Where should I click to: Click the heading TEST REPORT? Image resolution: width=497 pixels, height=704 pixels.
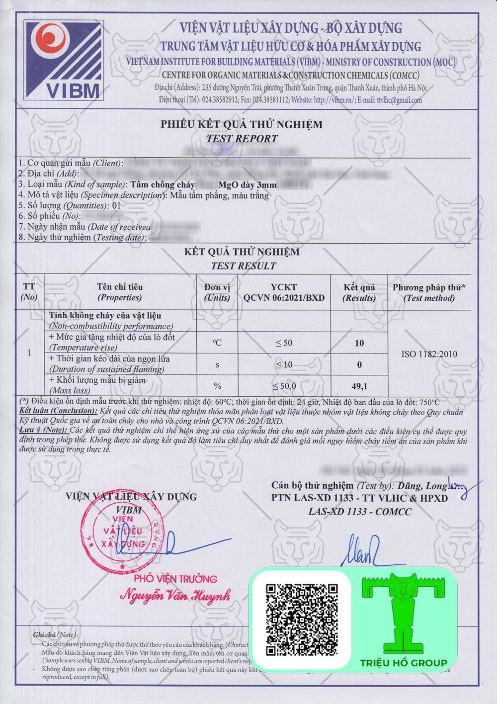(x=242, y=139)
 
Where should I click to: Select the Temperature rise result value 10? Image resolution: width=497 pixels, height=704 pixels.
(x=359, y=343)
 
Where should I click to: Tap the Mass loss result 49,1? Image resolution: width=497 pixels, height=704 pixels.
(x=359, y=386)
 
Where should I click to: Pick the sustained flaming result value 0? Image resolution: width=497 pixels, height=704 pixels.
(x=359, y=364)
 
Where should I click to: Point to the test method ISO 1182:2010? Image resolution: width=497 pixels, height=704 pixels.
(x=429, y=354)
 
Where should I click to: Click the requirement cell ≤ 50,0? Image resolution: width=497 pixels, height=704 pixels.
(x=284, y=386)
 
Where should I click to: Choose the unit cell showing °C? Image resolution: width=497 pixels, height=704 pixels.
(x=217, y=343)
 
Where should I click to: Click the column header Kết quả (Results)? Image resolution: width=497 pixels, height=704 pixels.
(x=359, y=292)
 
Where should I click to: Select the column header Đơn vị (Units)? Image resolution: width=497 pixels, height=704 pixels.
(x=217, y=292)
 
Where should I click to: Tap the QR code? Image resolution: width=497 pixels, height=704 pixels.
(x=301, y=619)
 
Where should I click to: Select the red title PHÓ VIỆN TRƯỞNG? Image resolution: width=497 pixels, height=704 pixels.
(x=175, y=579)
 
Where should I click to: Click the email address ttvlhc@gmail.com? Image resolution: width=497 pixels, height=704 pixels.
(x=399, y=100)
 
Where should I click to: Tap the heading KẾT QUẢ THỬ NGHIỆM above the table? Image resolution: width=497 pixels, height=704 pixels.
(x=242, y=252)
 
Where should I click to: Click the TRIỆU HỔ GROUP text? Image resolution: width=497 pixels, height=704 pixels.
(x=404, y=663)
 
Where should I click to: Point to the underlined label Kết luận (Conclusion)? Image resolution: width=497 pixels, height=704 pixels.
(x=59, y=411)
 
